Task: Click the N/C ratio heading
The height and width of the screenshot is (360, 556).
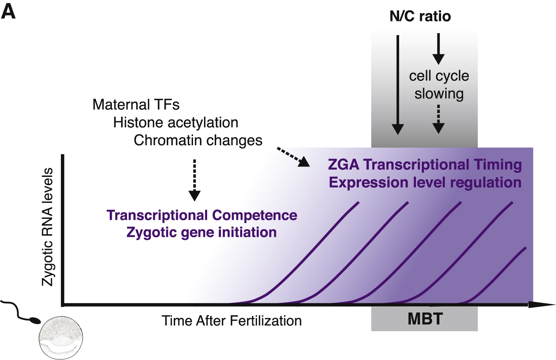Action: [x=420, y=16]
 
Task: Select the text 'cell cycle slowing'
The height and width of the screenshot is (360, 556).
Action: [x=439, y=85]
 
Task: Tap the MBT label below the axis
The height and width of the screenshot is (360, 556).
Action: [x=425, y=319]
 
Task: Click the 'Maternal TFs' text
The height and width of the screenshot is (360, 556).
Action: [x=136, y=105]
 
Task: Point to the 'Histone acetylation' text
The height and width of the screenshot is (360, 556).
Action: [x=175, y=123]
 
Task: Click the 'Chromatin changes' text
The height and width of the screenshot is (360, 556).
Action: [x=198, y=140]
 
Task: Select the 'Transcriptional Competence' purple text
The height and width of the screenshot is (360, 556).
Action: [x=202, y=215]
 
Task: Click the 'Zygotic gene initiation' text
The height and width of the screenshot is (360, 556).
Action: [x=201, y=233]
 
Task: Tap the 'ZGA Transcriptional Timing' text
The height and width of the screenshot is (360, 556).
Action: [x=425, y=165]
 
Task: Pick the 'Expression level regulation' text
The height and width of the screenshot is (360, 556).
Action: [x=425, y=182]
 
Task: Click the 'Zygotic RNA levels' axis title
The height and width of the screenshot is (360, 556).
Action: [x=47, y=227]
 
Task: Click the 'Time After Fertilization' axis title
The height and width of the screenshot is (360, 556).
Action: [x=232, y=321]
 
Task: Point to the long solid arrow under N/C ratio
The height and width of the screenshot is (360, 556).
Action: [x=398, y=84]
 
